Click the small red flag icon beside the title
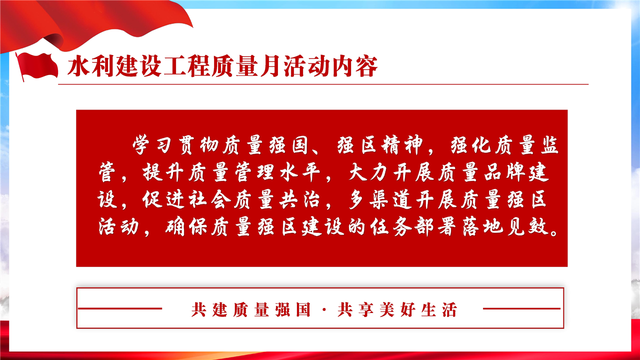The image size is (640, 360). point(36,66)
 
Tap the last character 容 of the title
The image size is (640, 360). point(366,66)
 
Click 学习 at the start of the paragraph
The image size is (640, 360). point(151,145)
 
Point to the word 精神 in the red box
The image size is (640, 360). point(402,145)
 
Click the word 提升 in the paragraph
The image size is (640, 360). point(163,172)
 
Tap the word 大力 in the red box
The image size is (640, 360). point(368,172)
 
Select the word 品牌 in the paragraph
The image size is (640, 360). point(505,172)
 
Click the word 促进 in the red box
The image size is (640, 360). point(163,199)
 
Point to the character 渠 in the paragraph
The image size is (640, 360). point(379,199)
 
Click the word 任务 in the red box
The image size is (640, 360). point(391,226)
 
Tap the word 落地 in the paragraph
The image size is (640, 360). point(482,226)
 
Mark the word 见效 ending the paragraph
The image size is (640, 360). point(528,226)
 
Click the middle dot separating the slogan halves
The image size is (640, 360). point(324,309)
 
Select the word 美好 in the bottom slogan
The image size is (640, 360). point(397,309)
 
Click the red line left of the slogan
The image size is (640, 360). point(120,308)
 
